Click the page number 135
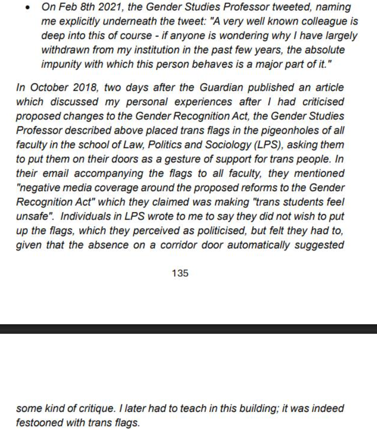pos(180,274)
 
